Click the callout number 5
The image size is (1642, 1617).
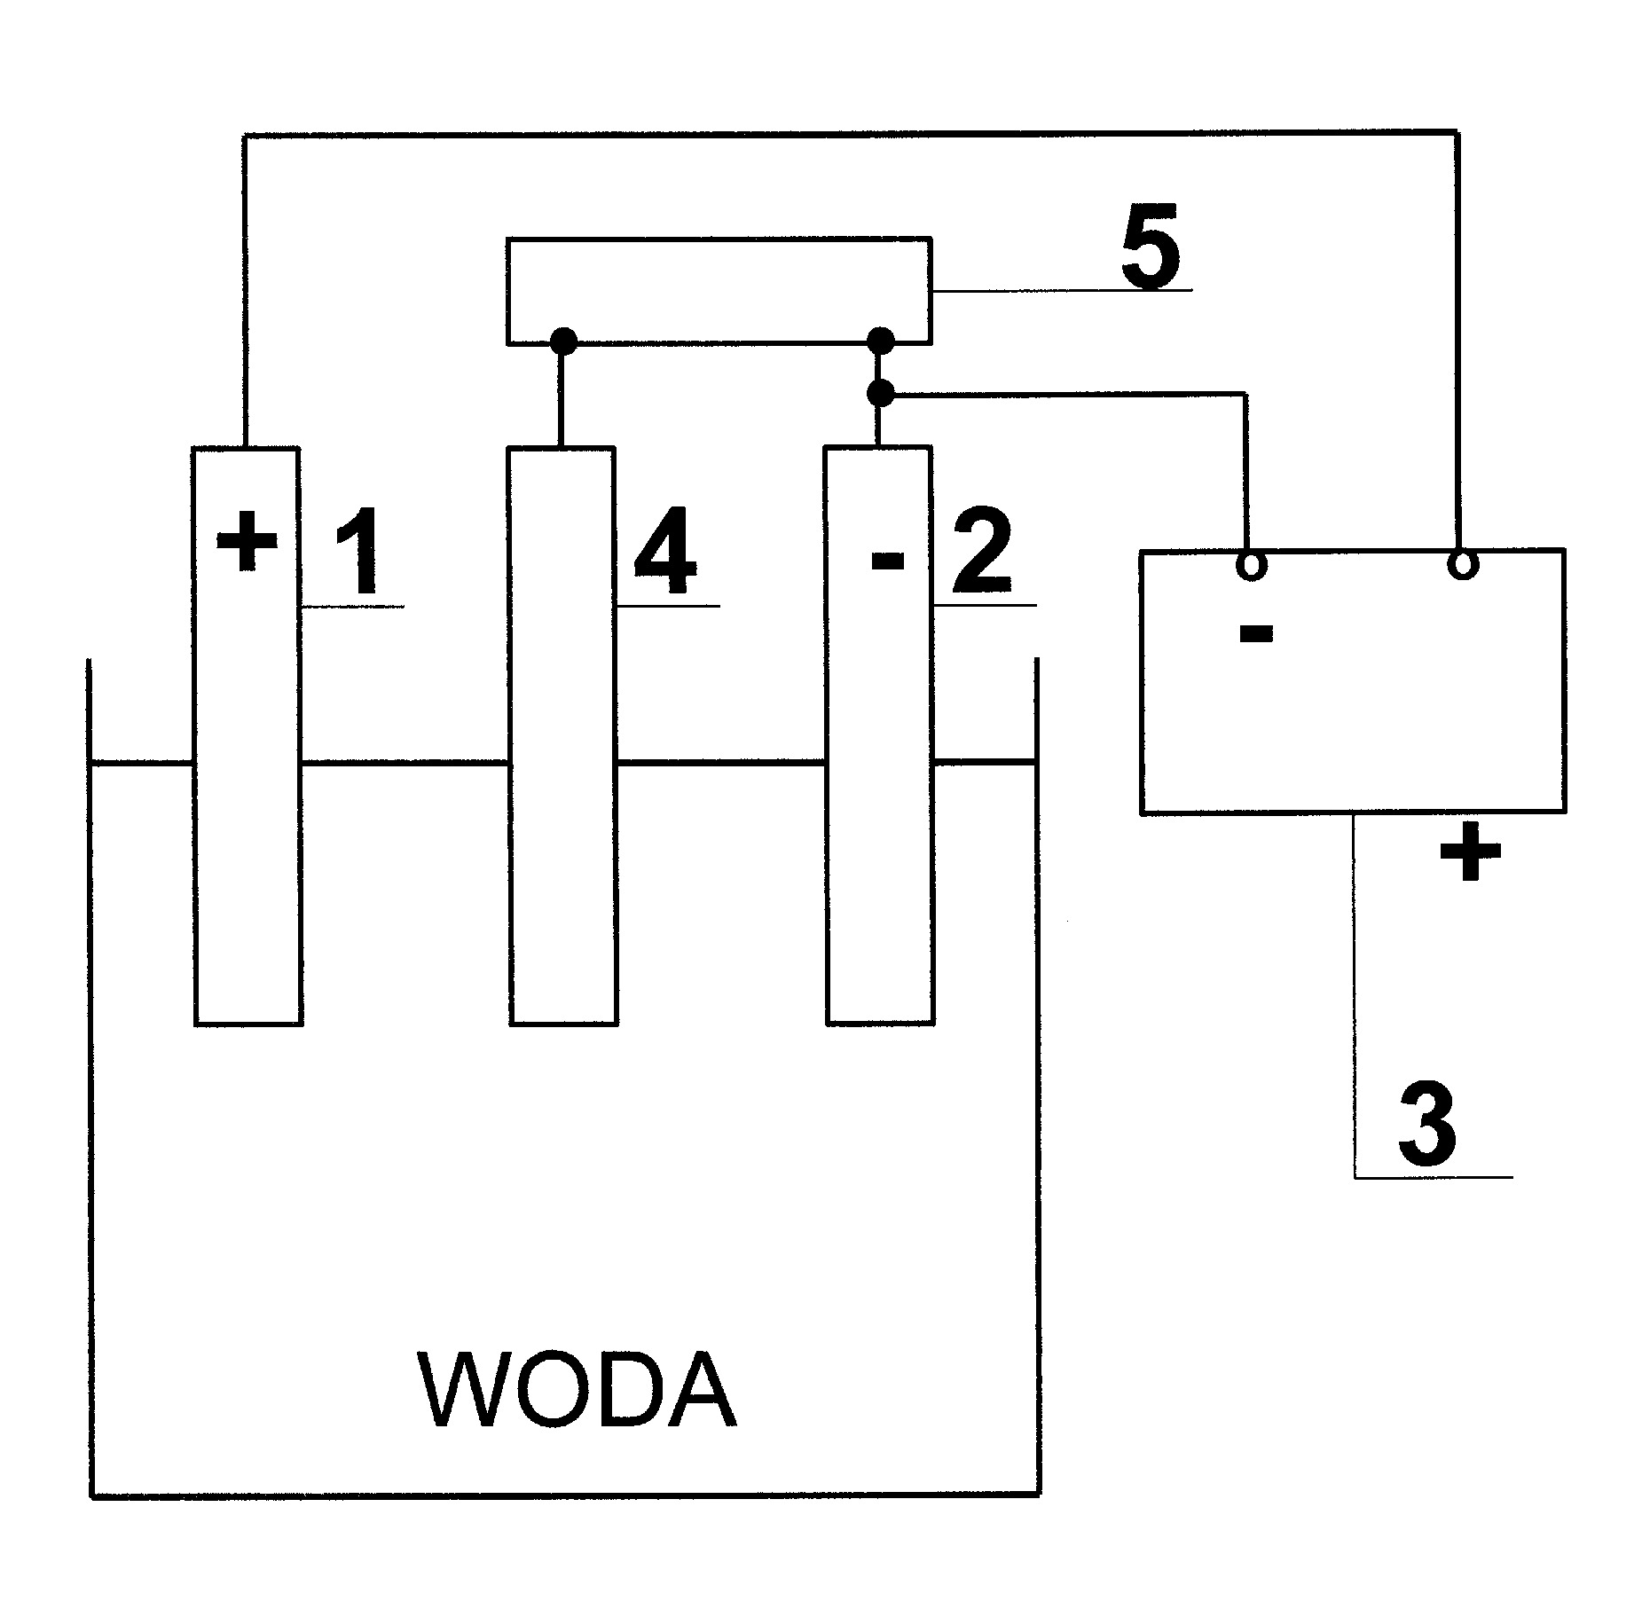[x=1151, y=245]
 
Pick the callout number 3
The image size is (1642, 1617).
[x=1426, y=1125]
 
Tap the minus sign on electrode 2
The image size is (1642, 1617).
[x=887, y=559]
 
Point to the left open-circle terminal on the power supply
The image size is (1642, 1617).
[x=1251, y=565]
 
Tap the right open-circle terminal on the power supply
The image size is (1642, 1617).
[x=1463, y=563]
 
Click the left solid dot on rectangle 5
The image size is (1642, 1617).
[x=563, y=341]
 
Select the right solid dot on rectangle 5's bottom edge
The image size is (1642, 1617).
[x=880, y=341]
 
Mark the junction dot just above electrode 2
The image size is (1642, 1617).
[x=879, y=393]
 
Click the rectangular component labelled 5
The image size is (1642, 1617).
[x=719, y=290]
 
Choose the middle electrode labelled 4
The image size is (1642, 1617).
[x=562, y=735]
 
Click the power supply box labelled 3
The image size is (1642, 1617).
[x=1353, y=680]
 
